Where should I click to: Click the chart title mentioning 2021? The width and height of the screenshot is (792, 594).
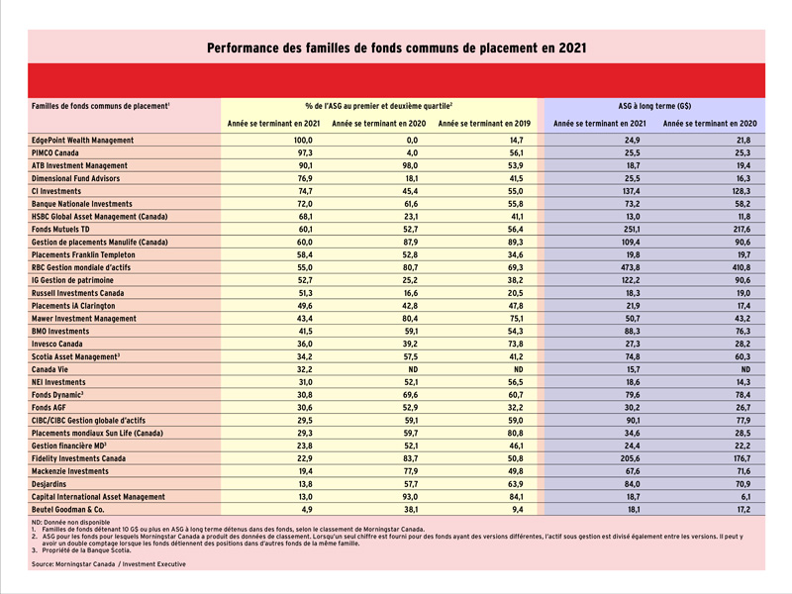coord(397,48)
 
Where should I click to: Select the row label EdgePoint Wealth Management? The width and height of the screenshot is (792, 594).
coord(82,140)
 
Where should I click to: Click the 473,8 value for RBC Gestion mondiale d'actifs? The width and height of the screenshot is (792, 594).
coord(631,267)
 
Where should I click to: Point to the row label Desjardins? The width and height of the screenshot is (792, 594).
coord(49,484)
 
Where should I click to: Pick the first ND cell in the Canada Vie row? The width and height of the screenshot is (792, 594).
coord(413,369)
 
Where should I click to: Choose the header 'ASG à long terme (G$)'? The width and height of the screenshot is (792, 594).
coord(654,106)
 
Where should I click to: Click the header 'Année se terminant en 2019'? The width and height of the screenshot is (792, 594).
coord(484,123)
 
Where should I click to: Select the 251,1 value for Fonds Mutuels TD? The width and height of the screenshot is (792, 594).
coord(631,230)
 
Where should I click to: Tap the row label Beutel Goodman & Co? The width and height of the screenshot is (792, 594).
coord(67,509)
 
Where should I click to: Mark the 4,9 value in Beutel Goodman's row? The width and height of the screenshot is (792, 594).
coord(307,509)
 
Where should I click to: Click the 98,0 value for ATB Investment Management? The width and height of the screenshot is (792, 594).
coord(410,165)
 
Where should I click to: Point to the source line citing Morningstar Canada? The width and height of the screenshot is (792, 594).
coord(109,564)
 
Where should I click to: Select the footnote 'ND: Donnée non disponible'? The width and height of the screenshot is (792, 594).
coord(70,523)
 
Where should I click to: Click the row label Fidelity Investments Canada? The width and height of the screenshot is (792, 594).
coord(78,458)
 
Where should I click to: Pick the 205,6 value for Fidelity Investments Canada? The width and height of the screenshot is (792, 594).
coord(631,458)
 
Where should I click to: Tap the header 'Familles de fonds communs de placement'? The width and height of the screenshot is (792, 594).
coord(101,106)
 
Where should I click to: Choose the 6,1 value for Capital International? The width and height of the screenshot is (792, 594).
coord(744,497)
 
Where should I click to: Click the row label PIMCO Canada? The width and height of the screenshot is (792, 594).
coord(55,152)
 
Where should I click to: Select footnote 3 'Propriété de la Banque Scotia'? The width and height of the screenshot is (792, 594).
coord(81,550)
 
